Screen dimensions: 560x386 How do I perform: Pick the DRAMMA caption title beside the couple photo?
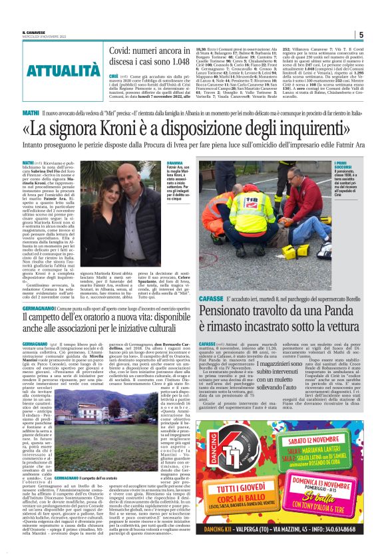176,162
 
